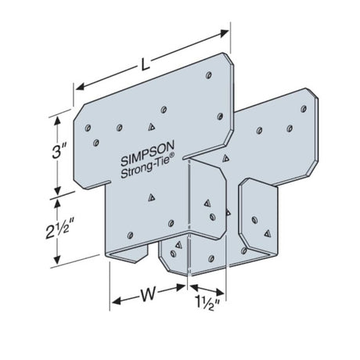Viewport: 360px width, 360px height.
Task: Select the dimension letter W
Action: [x=148, y=294]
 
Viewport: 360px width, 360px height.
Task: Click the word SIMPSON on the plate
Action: [x=147, y=153]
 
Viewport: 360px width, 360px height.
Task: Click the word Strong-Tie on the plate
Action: [x=146, y=167]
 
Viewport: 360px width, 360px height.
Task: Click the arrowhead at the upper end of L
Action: [x=225, y=34]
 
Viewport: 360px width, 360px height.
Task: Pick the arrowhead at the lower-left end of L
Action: [x=80, y=87]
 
